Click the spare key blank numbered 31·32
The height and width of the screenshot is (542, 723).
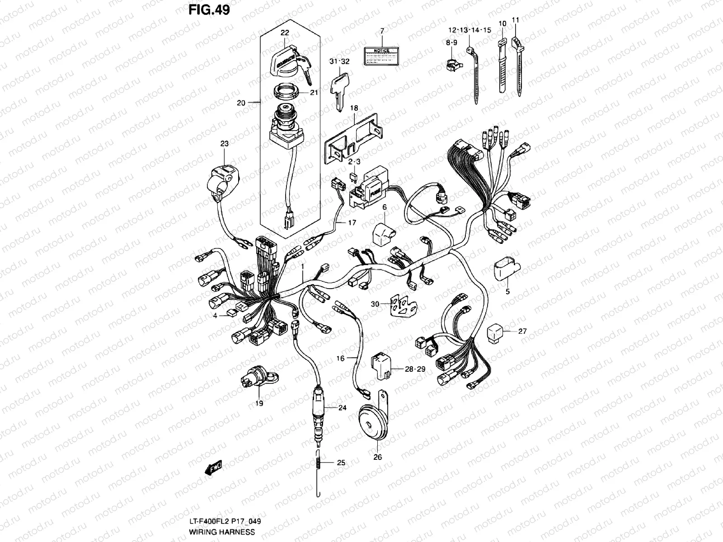(x=339, y=90)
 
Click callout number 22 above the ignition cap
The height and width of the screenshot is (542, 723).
(x=284, y=33)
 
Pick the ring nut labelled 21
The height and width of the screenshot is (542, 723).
(x=285, y=94)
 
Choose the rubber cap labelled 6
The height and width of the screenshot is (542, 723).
(x=382, y=234)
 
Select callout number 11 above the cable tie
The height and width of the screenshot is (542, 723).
(x=516, y=20)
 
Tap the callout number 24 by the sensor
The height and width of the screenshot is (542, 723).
(x=342, y=408)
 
